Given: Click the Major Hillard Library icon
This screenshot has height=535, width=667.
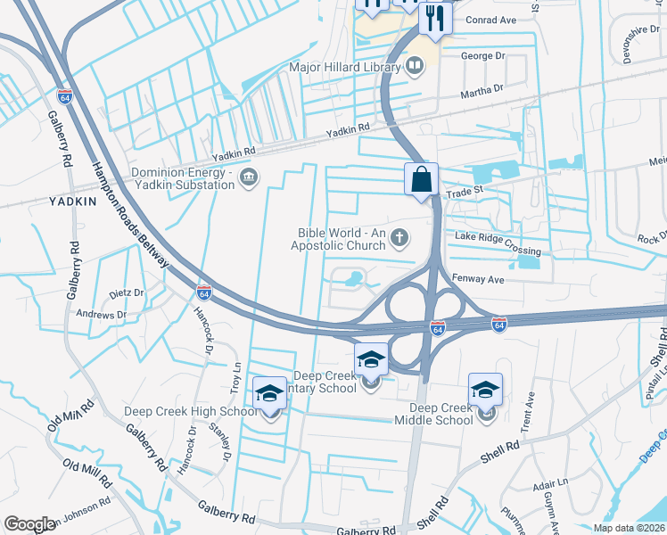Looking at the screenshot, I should tap(415, 67).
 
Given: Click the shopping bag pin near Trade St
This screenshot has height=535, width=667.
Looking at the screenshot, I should tap(421, 179).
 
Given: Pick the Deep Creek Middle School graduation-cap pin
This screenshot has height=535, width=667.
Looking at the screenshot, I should tap(485, 390).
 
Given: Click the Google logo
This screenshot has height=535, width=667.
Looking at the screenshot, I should tap(29, 524).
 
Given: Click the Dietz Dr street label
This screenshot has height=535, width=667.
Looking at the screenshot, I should tap(126, 292).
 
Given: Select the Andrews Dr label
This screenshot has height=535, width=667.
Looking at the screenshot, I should tap(102, 315).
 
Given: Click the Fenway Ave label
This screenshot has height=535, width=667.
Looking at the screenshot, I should tap(479, 279).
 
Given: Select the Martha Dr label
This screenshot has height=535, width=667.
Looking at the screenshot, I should tap(482, 89).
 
